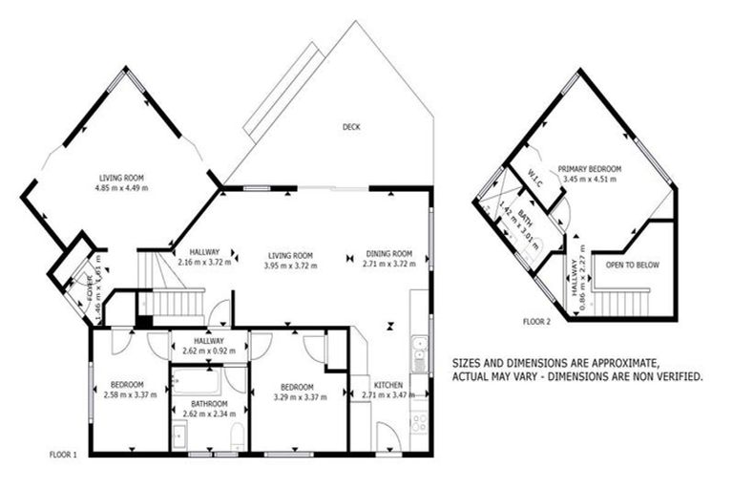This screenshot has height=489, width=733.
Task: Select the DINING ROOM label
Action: tap(389, 254)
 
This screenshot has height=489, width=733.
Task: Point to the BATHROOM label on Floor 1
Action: tap(208, 404)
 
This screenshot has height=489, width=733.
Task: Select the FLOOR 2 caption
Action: tap(537, 322)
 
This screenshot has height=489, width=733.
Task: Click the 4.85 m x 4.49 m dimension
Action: tap(121, 187)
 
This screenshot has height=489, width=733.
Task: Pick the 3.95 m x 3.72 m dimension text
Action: tap(291, 265)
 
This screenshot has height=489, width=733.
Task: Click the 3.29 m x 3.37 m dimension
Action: tap(294, 396)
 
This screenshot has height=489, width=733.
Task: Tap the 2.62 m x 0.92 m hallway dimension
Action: tap(208, 351)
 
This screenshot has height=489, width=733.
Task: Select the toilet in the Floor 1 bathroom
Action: tap(237, 436)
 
